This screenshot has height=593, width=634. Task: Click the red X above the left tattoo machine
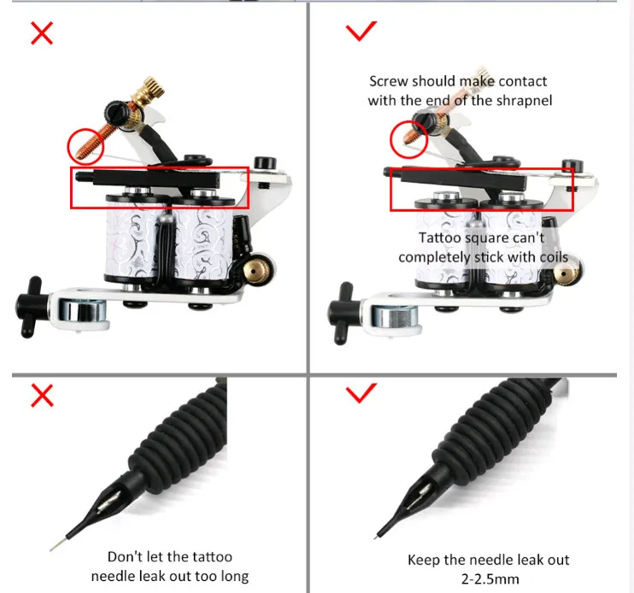(42, 33)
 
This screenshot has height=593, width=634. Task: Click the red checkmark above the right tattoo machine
(361, 31)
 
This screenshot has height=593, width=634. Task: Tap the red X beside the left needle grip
(42, 396)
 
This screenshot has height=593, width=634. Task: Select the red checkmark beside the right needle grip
(361, 393)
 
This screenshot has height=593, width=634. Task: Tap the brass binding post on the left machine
(259, 268)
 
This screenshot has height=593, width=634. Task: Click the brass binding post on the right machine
(567, 273)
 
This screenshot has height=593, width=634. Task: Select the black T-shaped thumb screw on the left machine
(29, 307)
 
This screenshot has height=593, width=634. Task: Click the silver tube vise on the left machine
(82, 311)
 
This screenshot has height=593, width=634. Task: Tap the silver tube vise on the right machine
(395, 316)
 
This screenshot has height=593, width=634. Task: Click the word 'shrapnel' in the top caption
(524, 100)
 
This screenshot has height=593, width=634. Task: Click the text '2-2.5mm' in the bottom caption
(490, 578)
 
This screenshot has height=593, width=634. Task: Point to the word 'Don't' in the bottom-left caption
(125, 556)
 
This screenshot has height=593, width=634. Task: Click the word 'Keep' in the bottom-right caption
(424, 561)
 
